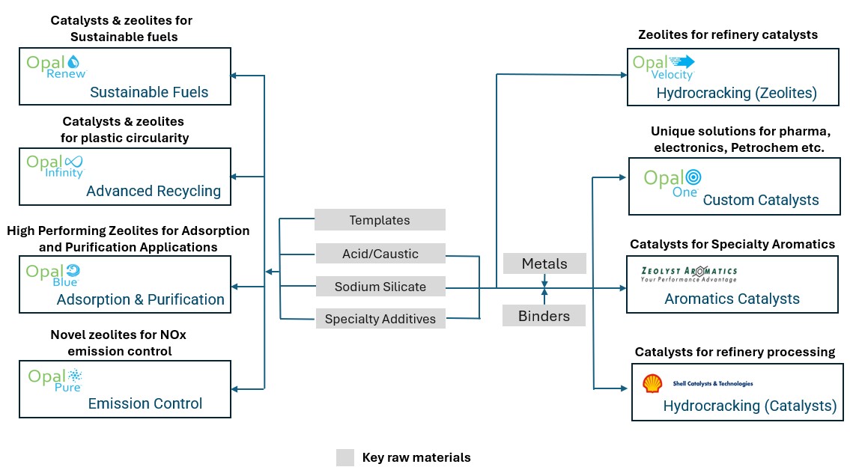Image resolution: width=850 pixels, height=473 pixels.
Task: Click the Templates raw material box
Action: tap(380, 220)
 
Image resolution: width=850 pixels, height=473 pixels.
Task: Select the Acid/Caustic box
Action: tap(380, 254)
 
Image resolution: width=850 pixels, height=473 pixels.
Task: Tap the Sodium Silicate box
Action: tap(380, 287)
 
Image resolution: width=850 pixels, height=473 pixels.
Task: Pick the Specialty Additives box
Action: tap(380, 319)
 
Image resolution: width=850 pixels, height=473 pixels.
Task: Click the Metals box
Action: tap(544, 263)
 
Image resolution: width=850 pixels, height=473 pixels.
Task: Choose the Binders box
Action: tap(544, 316)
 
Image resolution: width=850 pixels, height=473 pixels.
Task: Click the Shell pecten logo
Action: tap(652, 383)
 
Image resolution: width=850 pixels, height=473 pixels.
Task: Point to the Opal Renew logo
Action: tap(57, 67)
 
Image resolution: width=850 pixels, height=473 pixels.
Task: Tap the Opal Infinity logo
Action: tap(56, 166)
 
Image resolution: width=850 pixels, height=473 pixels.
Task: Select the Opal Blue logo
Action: tap(53, 274)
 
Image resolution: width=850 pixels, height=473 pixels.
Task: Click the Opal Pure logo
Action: tap(55, 379)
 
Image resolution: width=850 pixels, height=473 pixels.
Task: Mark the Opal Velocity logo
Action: tap(664, 66)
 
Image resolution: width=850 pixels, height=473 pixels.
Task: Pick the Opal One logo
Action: tap(672, 182)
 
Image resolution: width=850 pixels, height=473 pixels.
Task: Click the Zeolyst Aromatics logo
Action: tap(689, 274)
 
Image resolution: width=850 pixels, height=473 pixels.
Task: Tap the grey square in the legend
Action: tap(344, 457)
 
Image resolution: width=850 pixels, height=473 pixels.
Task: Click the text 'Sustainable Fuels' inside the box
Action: tap(149, 92)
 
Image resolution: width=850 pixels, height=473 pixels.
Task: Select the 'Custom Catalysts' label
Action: tap(761, 200)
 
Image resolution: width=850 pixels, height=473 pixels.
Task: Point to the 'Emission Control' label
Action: tap(145, 403)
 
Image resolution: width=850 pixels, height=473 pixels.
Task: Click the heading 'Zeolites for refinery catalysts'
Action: tap(727, 34)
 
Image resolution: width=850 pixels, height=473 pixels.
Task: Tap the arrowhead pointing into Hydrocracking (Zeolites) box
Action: tap(623, 75)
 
